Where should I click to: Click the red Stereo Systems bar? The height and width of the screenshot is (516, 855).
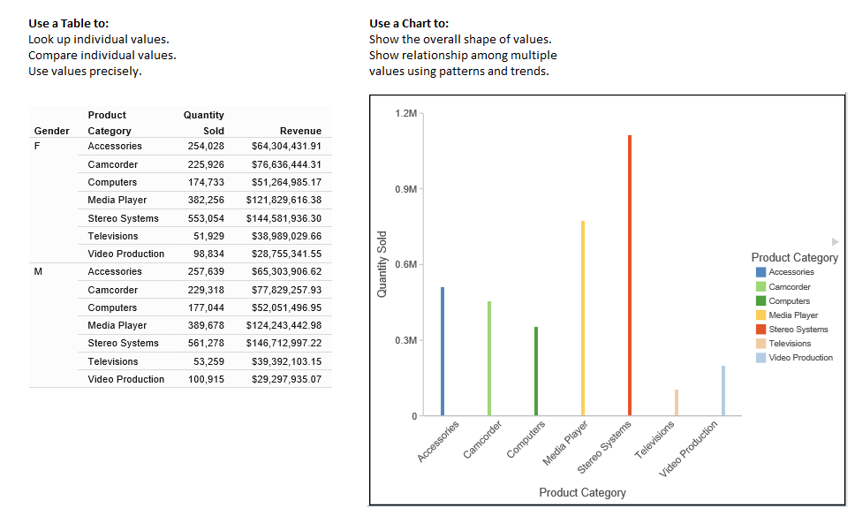tap(630, 275)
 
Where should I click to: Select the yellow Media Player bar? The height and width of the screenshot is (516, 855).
tap(583, 318)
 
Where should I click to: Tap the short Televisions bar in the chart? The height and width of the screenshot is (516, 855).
tap(677, 402)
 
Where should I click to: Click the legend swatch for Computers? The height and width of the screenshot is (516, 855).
tap(760, 301)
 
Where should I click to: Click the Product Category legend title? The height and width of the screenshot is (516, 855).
tap(794, 257)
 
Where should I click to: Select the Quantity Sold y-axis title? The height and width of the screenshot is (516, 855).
tap(382, 265)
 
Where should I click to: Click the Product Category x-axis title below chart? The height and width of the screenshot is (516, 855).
tap(582, 492)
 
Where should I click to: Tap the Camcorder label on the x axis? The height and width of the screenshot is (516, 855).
tap(482, 440)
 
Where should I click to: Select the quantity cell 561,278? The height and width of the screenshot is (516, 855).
tap(206, 343)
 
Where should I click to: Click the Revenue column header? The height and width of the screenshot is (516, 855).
tap(300, 131)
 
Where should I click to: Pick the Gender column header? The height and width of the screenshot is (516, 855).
tap(51, 131)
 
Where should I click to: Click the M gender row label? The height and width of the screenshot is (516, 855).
tap(37, 271)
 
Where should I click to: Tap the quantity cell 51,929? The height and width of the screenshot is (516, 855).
tap(208, 236)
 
